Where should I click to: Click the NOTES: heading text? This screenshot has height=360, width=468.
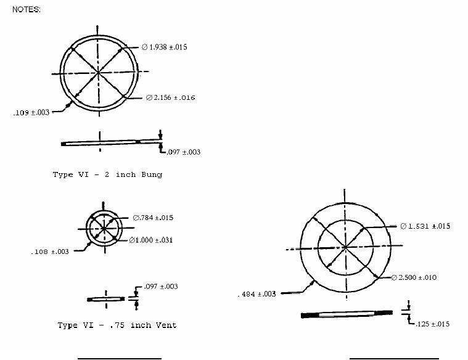[x=27, y=9]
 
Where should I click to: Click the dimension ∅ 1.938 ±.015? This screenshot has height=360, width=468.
[x=165, y=47]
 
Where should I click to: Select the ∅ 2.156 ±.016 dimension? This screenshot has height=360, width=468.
[x=170, y=97]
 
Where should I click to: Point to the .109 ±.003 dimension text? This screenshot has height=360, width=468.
[x=31, y=113]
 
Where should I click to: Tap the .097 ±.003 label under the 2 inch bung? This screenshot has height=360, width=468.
[x=183, y=152]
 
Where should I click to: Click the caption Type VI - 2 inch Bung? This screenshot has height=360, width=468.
[x=107, y=174]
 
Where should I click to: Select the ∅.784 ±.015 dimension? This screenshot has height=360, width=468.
[x=153, y=218]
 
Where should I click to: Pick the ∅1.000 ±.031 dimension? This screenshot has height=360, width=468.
[x=151, y=240]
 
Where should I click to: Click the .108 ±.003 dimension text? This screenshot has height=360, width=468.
[x=50, y=252]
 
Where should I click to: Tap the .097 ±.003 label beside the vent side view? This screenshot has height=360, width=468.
[x=161, y=287]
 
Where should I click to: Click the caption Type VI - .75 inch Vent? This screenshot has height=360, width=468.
[x=117, y=325]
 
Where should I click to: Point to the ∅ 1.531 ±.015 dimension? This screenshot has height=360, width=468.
[x=425, y=226]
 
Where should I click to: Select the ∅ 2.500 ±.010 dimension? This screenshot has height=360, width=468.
[x=414, y=277]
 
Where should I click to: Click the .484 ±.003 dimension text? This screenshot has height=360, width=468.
[x=257, y=294]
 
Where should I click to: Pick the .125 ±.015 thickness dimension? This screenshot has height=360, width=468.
[x=432, y=324]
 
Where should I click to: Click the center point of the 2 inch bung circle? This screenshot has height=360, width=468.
[x=98, y=73]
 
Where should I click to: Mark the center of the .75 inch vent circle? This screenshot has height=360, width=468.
[x=104, y=228]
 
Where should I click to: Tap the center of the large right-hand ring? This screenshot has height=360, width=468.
[x=345, y=247]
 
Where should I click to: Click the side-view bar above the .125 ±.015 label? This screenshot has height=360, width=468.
[x=347, y=314]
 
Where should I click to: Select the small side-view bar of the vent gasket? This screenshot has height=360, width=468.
[x=106, y=299]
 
